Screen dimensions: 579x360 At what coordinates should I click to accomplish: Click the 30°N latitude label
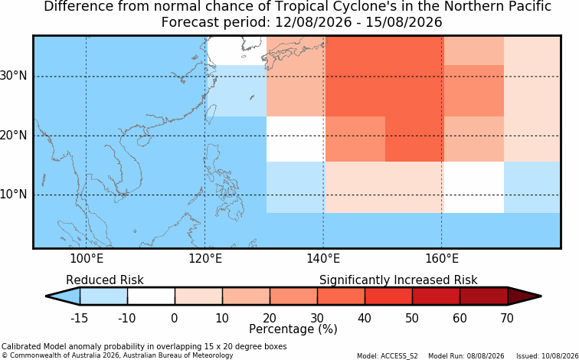[13, 76]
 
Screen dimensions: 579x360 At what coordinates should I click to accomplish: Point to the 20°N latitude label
[13, 135]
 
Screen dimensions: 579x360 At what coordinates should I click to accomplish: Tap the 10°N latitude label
[13, 195]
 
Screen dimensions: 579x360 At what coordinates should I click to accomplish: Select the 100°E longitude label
[87, 258]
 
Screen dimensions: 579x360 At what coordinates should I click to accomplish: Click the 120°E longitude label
[205, 258]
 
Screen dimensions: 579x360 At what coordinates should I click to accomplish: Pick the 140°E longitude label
[323, 258]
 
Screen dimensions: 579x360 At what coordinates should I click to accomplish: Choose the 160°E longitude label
[442, 258]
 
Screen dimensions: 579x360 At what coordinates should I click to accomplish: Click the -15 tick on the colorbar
[80, 318]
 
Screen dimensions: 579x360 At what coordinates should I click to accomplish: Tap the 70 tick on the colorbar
[507, 318]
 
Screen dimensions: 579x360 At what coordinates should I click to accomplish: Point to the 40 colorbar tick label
[365, 318]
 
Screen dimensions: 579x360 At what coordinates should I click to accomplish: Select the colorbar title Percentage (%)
[293, 329]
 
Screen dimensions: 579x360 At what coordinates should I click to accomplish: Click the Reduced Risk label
[105, 280]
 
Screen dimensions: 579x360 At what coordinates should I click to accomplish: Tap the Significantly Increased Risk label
[398, 280]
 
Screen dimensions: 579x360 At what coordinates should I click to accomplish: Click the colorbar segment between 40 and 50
[388, 296]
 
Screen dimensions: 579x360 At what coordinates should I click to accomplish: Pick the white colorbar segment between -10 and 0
[151, 296]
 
